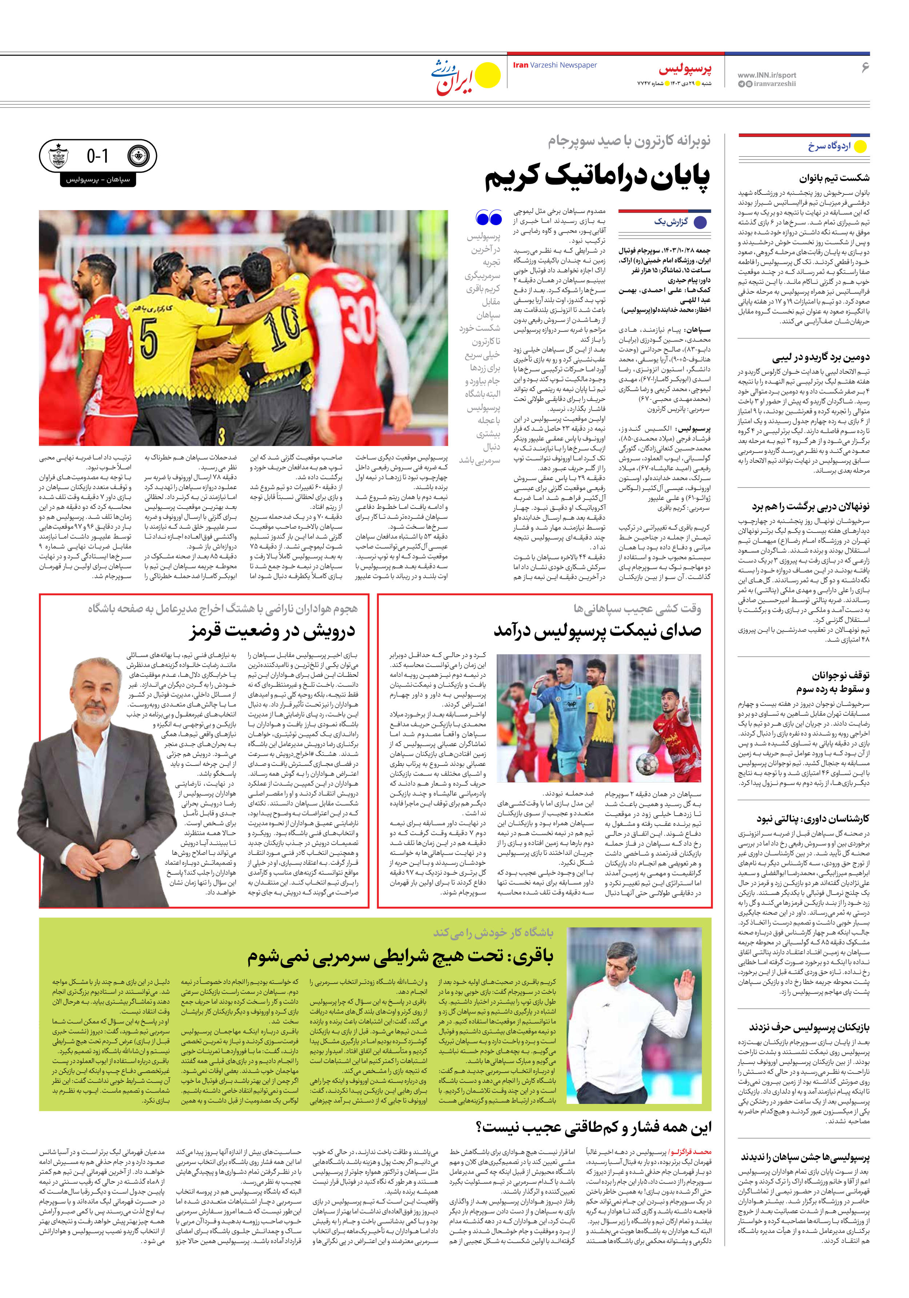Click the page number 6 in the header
point(864,67)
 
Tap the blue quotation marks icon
point(489,218)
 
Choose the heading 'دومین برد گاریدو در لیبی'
point(821,357)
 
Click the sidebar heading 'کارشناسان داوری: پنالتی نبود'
point(813,818)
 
